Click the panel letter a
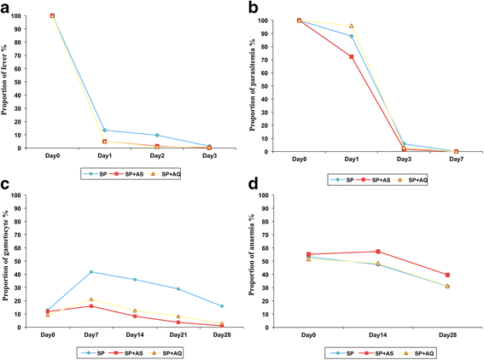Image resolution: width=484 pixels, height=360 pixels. tap(7, 7)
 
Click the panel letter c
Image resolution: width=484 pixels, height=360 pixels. tap(6, 184)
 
